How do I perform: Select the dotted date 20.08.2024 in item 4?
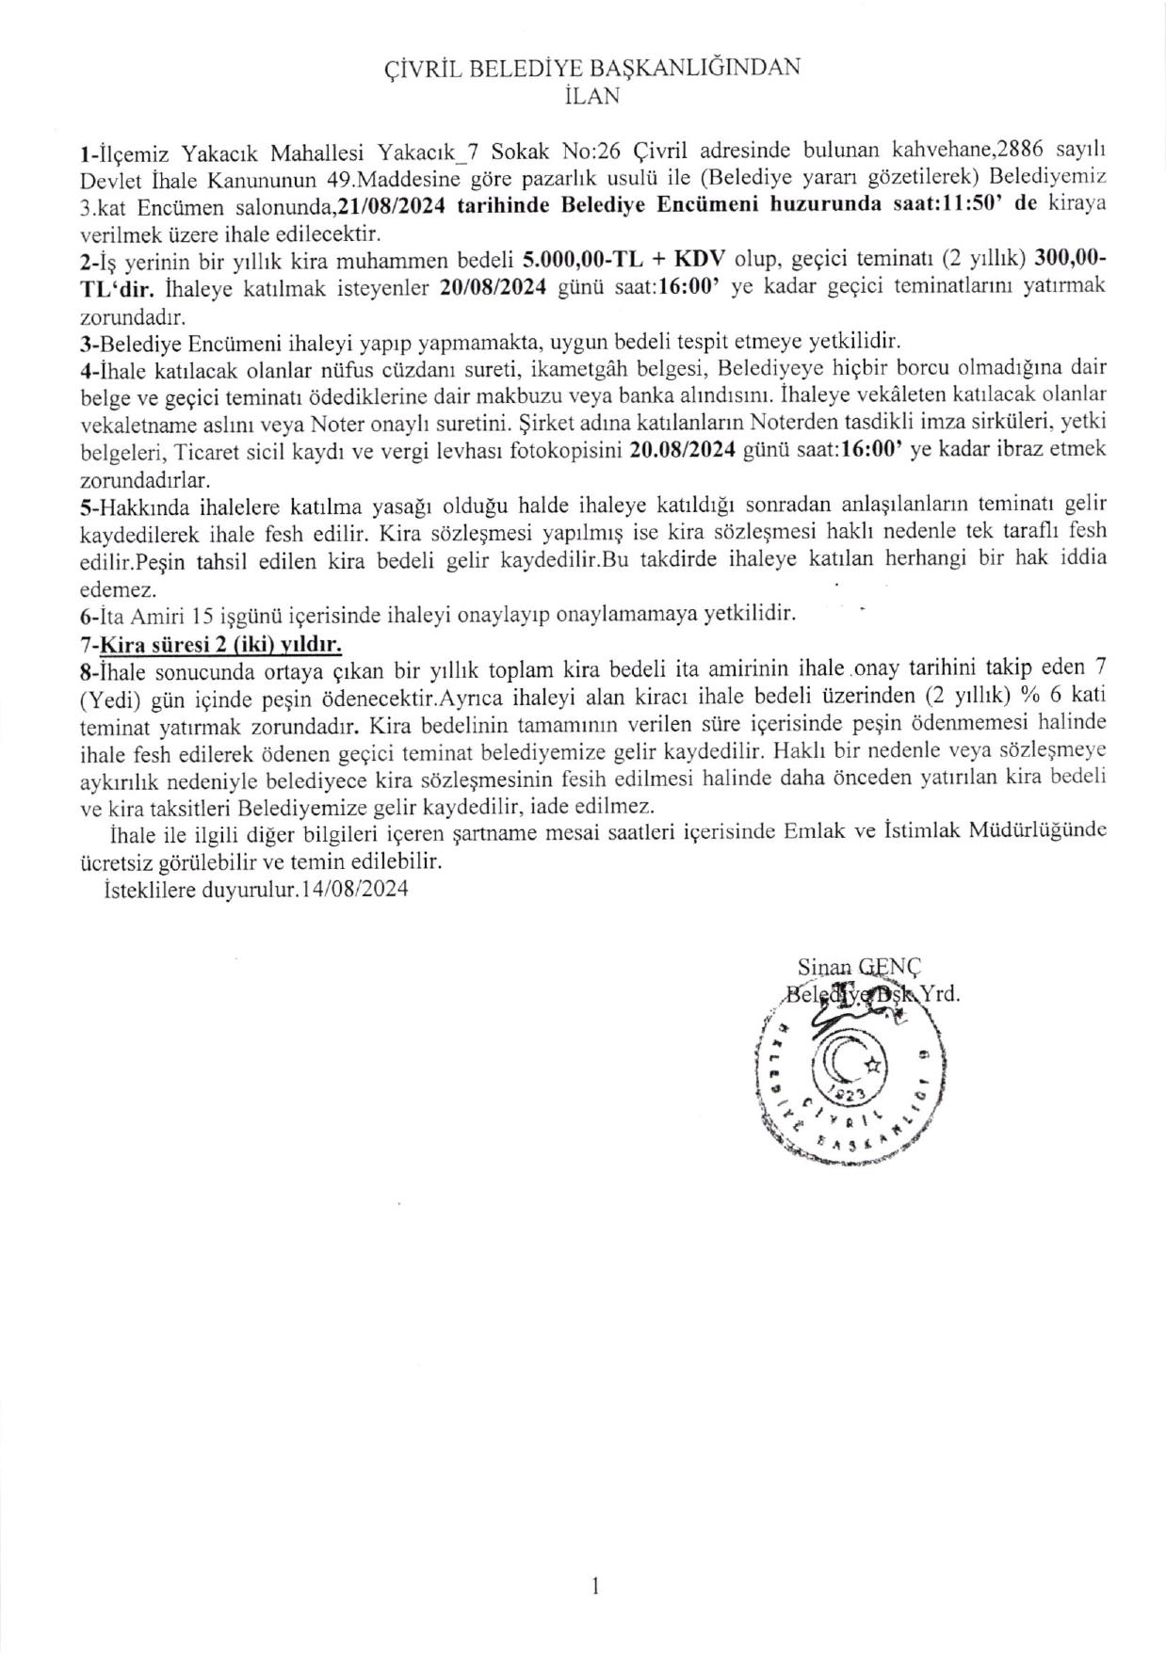[x=681, y=451]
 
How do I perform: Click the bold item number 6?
[x=85, y=616]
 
